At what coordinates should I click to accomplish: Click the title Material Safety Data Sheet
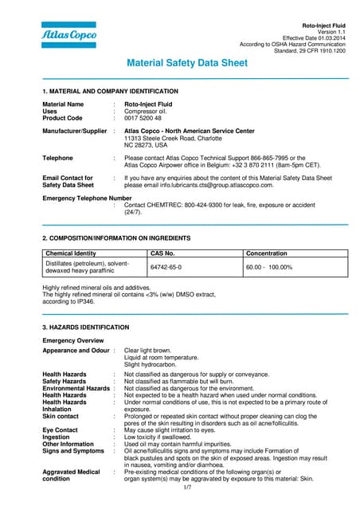(x=187, y=63)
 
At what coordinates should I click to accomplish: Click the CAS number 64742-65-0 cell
(x=166, y=267)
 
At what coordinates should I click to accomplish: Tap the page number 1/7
(x=187, y=486)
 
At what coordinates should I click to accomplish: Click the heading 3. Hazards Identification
(x=85, y=328)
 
